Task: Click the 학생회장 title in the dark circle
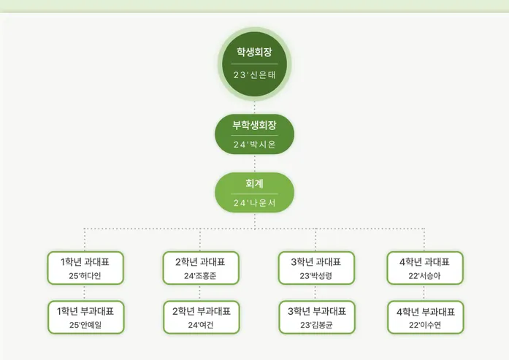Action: click(254, 52)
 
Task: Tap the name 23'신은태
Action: click(254, 75)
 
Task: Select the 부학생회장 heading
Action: click(254, 125)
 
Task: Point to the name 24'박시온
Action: click(254, 145)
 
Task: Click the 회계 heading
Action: click(254, 183)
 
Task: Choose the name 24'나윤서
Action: click(254, 203)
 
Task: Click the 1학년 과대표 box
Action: click(85, 268)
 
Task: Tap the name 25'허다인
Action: click(85, 276)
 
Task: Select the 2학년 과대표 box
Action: click(201, 268)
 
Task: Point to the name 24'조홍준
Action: click(200, 276)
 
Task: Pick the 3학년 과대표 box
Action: click(316, 268)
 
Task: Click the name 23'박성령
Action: click(316, 276)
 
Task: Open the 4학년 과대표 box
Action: click(425, 268)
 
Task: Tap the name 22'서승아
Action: click(424, 276)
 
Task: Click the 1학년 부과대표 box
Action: click(86, 317)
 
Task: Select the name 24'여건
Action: click(201, 325)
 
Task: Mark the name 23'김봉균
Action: click(316, 325)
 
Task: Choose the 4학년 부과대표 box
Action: click(426, 317)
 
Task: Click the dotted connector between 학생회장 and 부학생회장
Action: click(254, 107)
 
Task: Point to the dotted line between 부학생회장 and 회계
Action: click(254, 164)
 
